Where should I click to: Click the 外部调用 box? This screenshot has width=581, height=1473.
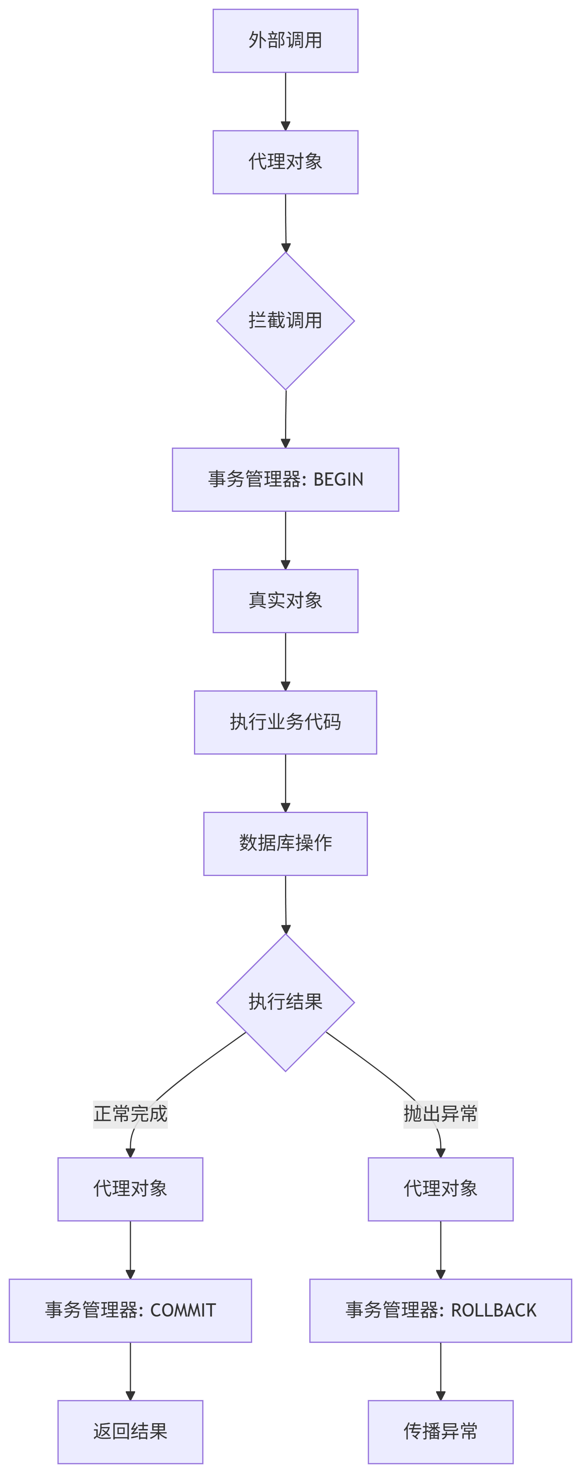pyautogui.click(x=285, y=40)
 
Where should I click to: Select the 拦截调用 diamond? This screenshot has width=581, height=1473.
pyautogui.click(x=285, y=321)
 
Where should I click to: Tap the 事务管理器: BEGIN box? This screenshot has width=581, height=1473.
pyautogui.click(x=285, y=479)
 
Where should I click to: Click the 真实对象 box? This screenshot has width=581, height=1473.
pyautogui.click(x=285, y=600)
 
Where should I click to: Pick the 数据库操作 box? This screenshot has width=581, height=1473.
pyautogui.click(x=285, y=843)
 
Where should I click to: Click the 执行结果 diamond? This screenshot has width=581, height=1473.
pyautogui.click(x=285, y=1002)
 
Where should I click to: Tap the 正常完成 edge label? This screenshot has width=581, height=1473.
pyautogui.click(x=130, y=1114)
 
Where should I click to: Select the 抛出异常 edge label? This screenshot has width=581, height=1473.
pyautogui.click(x=440, y=1114)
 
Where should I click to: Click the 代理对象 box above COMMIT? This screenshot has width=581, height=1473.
pyautogui.click(x=130, y=1189)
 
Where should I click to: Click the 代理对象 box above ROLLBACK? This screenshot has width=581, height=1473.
pyautogui.click(x=440, y=1189)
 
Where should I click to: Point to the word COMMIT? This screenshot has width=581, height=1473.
pyautogui.click(x=183, y=1310)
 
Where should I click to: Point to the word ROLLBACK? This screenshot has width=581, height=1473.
pyautogui.click(x=493, y=1310)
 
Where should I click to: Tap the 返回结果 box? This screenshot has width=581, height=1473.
pyautogui.click(x=130, y=1431)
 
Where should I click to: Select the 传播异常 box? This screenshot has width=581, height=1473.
pyautogui.click(x=440, y=1431)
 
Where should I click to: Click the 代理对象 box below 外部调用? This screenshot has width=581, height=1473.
pyautogui.click(x=285, y=162)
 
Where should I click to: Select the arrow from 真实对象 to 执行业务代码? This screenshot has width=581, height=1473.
pyautogui.click(x=285, y=661)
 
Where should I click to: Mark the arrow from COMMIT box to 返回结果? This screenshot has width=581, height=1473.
pyautogui.click(x=130, y=1371)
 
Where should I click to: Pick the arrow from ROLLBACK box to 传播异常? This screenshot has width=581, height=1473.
pyautogui.click(x=440, y=1371)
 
